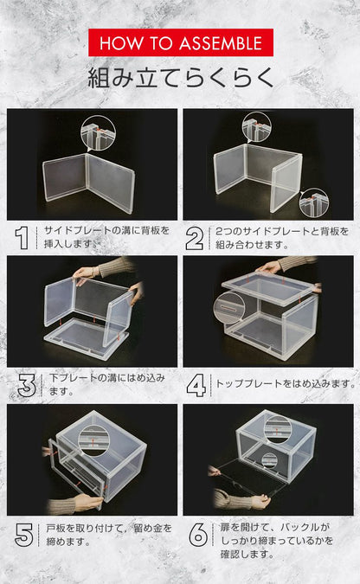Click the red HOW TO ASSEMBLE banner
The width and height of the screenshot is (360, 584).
pyautogui.click(x=180, y=42)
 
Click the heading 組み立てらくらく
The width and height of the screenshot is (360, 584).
pyautogui.click(x=180, y=78)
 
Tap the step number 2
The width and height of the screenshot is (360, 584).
pyautogui.click(x=196, y=237)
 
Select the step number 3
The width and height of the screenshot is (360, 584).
pyautogui.click(x=27, y=384)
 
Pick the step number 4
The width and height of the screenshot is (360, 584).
pyautogui.click(x=196, y=384)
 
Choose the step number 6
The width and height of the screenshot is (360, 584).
pyautogui.click(x=196, y=535)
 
